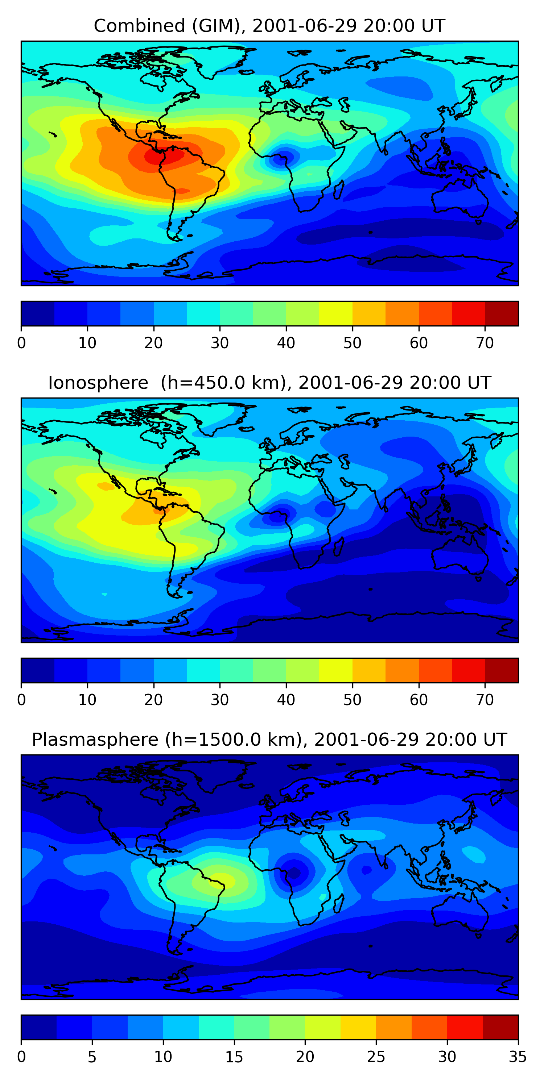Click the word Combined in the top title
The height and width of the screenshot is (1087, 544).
[139, 26]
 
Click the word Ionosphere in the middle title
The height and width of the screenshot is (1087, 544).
[98, 383]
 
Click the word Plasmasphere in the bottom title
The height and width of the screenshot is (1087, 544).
[95, 740]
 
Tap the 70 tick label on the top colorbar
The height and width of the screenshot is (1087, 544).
[485, 343]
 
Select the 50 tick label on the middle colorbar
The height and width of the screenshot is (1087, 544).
[352, 700]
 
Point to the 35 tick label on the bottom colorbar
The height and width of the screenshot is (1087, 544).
[518, 1057]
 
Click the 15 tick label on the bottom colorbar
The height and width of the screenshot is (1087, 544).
[234, 1057]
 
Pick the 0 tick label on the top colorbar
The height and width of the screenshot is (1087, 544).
[21, 343]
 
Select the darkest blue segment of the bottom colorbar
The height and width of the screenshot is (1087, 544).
[39, 1028]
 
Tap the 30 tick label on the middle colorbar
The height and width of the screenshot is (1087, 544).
[220, 700]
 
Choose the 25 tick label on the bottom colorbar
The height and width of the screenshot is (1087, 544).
[376, 1057]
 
